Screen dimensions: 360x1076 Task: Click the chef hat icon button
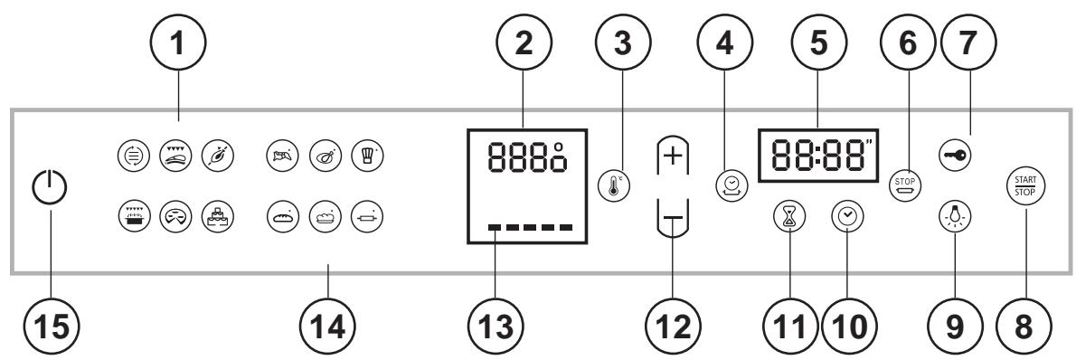click(x=364, y=152)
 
